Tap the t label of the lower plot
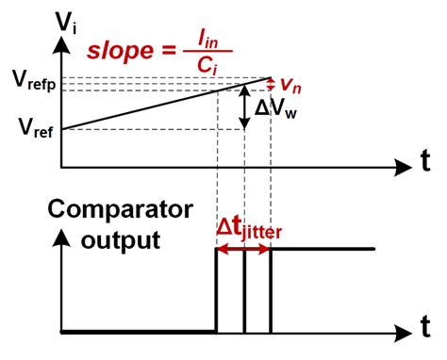[x=424, y=330]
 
